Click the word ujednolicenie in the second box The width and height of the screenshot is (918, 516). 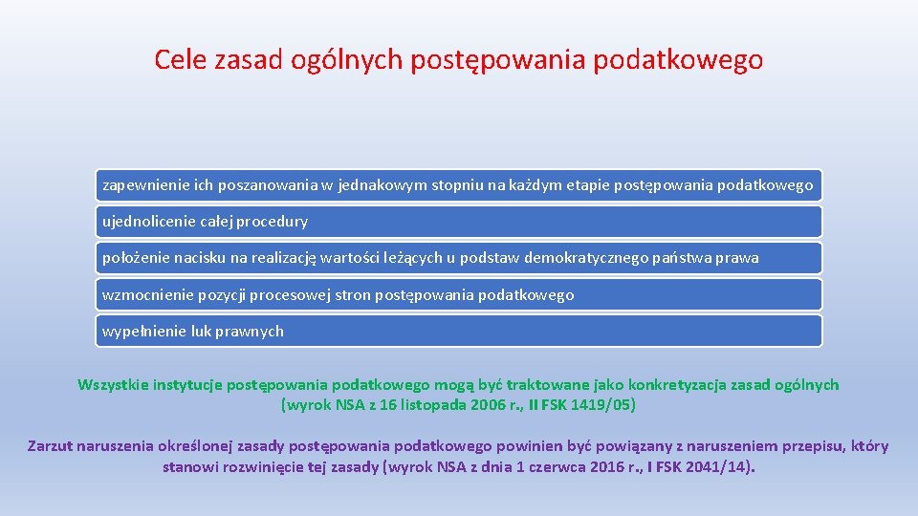pos(147,222)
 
